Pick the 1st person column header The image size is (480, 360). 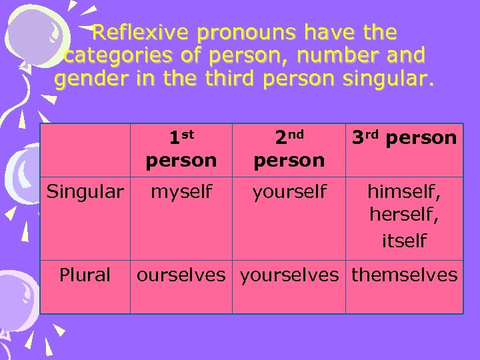[x=181, y=149]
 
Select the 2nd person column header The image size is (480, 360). [x=289, y=149]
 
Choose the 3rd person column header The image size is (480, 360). [x=404, y=138]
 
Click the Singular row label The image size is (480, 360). [x=85, y=193]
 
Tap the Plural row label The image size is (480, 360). [x=85, y=275]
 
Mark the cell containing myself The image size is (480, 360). [x=181, y=193]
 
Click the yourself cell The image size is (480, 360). [x=289, y=193]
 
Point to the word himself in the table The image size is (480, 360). [x=404, y=193]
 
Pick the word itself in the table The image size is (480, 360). [x=404, y=241]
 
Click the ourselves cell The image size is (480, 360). [x=181, y=275]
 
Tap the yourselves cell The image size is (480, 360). [x=289, y=275]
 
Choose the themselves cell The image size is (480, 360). [x=404, y=275]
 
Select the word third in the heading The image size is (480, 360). [x=229, y=80]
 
